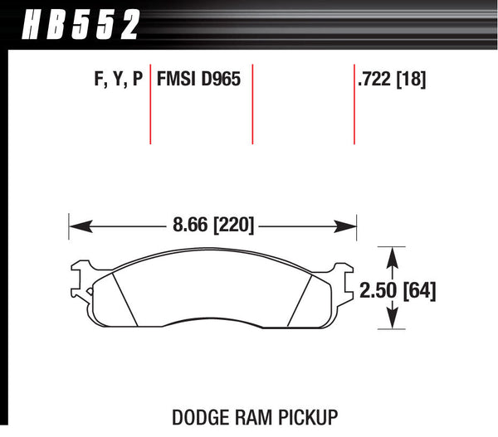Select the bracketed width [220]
click(233, 225)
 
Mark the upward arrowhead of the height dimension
click(390, 252)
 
